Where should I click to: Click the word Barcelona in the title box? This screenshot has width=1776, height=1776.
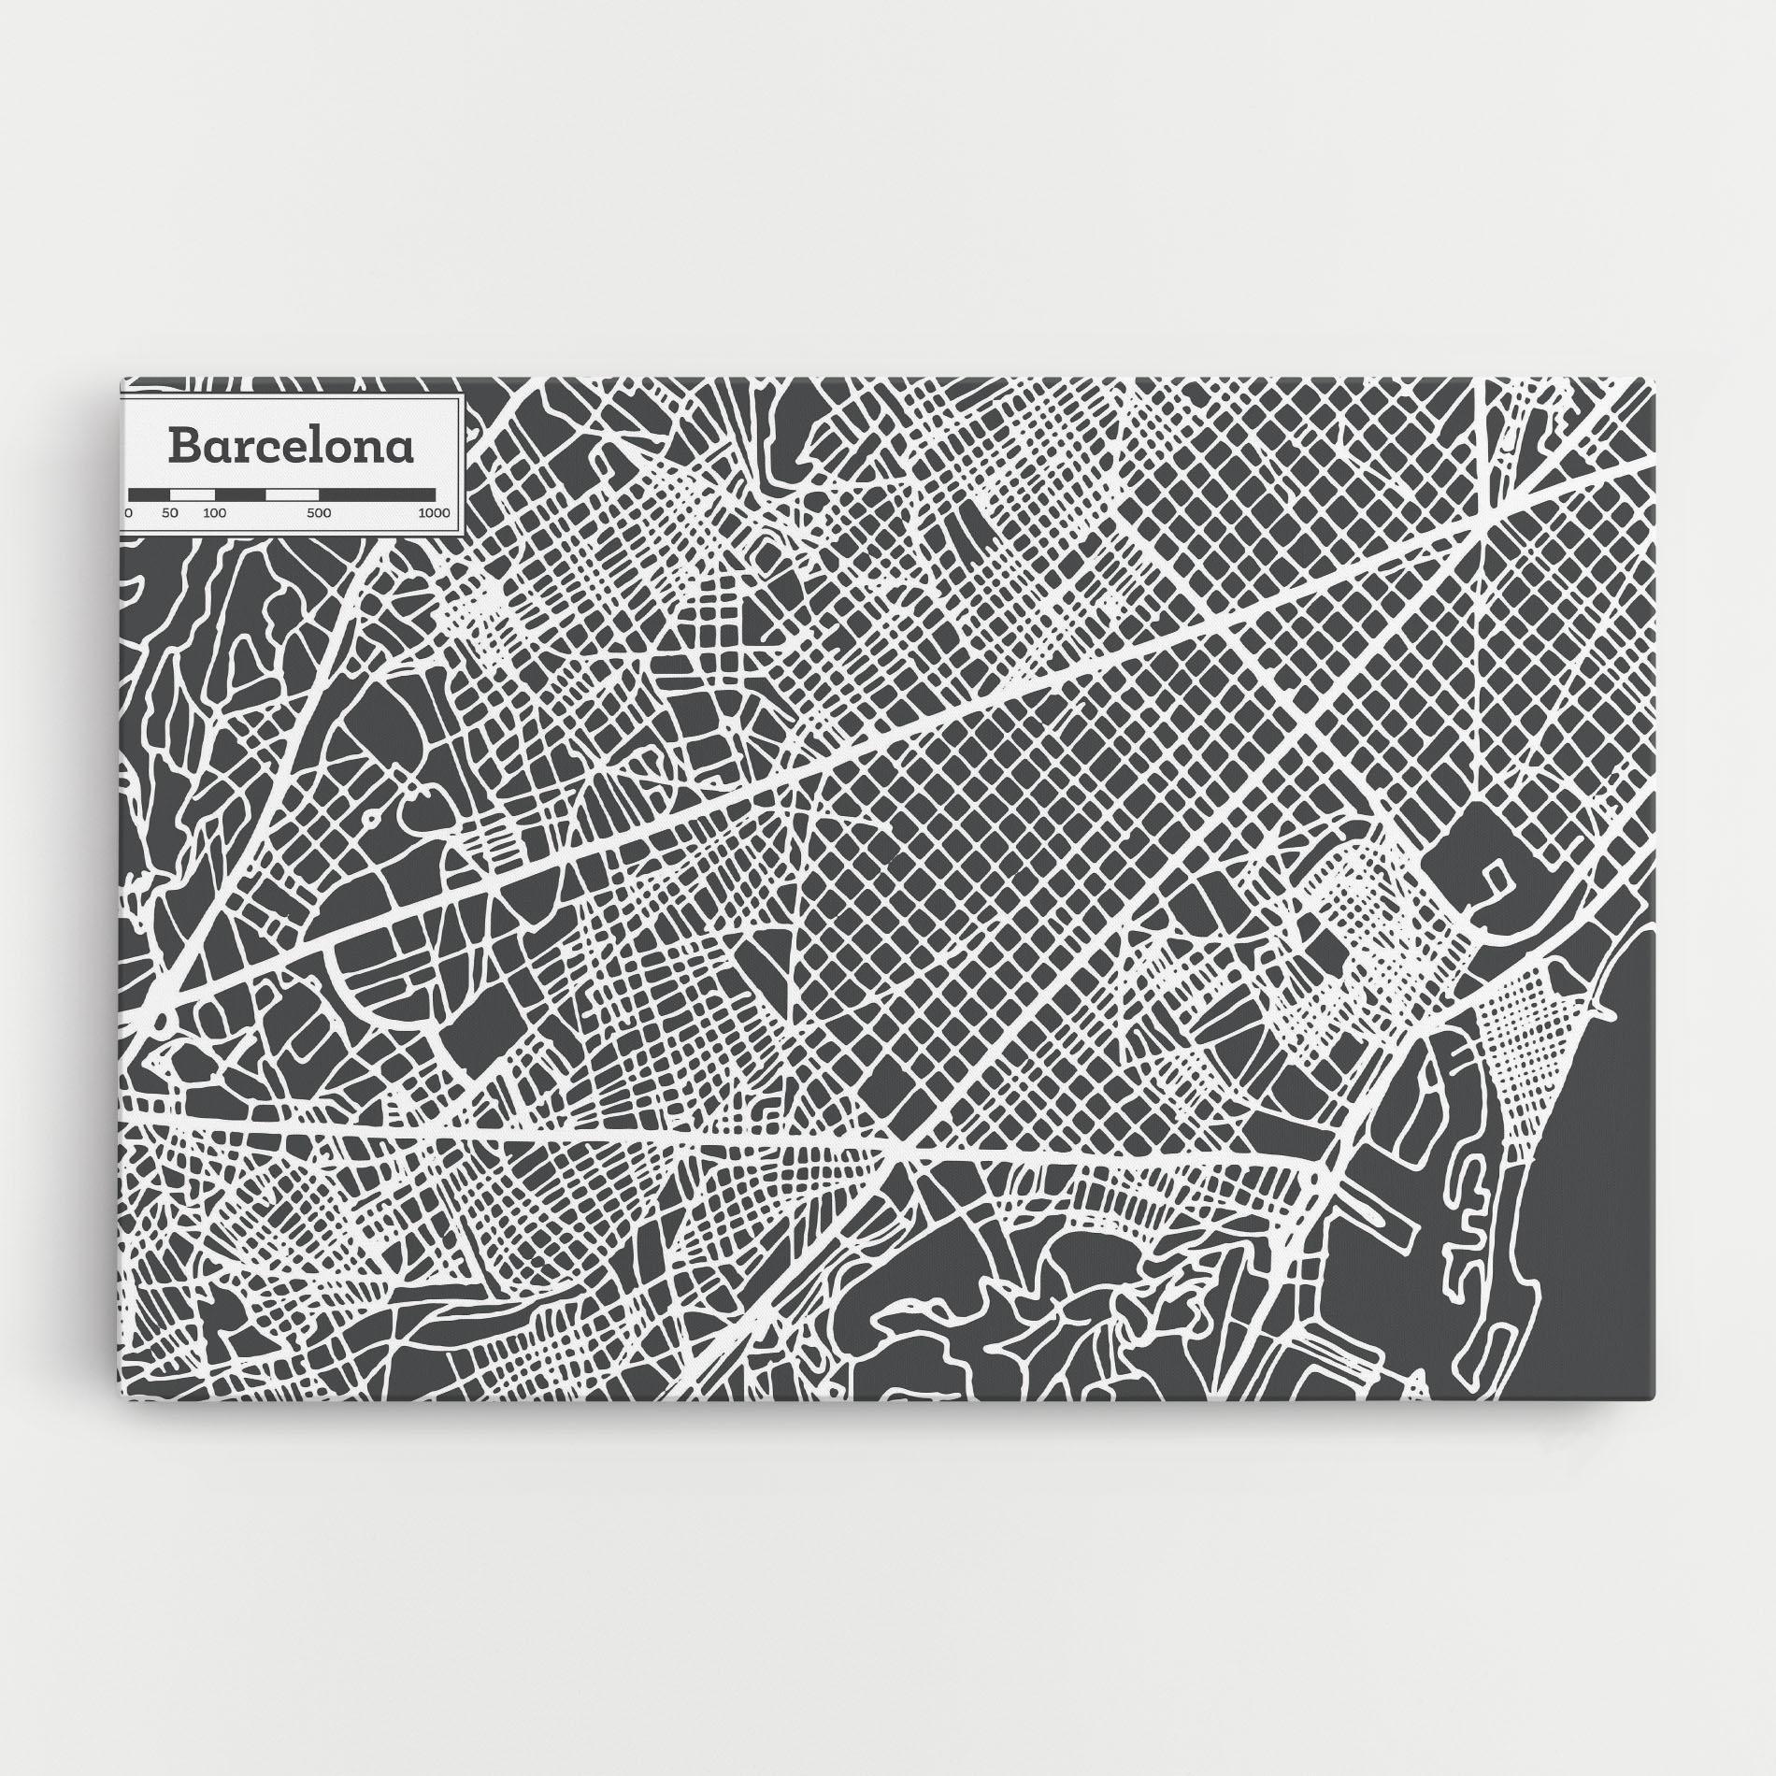point(291,447)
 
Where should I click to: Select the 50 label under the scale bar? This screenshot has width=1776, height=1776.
point(169,513)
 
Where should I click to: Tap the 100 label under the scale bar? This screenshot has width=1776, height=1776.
point(214,513)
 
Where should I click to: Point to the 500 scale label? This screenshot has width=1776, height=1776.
point(319,513)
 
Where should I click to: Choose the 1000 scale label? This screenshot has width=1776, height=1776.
point(434,513)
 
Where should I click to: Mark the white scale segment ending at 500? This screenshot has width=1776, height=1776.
point(292,493)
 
